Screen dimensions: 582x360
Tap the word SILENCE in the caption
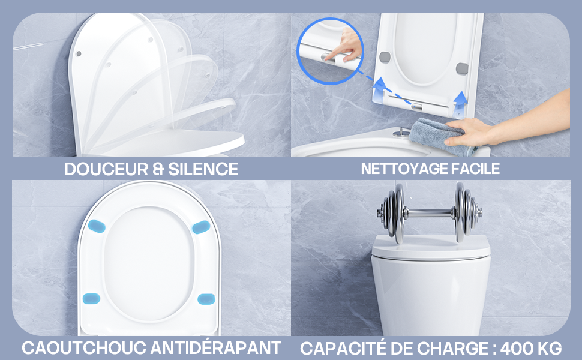(x=203, y=169)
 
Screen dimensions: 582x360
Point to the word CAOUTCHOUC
(x=84, y=348)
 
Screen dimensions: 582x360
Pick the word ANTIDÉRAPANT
(x=216, y=348)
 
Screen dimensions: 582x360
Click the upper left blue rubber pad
(x=97, y=226)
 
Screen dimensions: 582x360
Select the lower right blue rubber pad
(x=206, y=299)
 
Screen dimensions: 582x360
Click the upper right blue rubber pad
(x=201, y=227)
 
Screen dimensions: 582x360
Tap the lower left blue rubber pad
(x=91, y=298)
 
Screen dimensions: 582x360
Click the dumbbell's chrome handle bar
(x=430, y=213)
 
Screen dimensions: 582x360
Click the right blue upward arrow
(x=460, y=102)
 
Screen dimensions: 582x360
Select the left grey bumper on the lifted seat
(x=385, y=57)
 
